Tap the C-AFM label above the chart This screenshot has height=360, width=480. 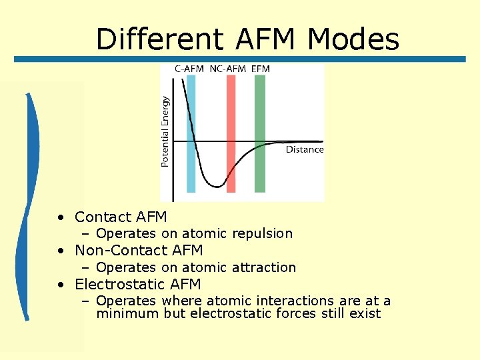(x=189, y=69)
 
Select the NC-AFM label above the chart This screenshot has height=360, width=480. (x=227, y=69)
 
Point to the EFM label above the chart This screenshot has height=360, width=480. (x=261, y=69)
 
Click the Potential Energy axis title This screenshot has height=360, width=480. (x=165, y=132)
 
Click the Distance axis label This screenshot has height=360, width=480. (x=305, y=149)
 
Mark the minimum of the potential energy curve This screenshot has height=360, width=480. (x=217, y=186)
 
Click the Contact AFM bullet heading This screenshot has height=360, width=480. (x=121, y=217)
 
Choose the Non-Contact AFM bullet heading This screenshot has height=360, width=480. (x=139, y=251)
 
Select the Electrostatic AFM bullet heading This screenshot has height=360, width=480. (x=137, y=285)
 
